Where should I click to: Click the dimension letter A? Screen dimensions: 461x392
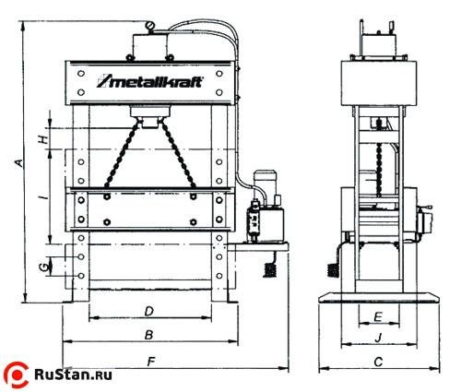tap(19, 163)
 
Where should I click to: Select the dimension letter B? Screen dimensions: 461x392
tap(149, 335)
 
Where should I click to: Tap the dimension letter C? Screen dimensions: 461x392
tap(378, 362)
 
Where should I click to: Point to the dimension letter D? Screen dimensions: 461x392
tap(149, 312)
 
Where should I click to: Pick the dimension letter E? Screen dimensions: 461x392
tap(378, 316)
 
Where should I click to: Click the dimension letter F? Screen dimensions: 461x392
tap(151, 362)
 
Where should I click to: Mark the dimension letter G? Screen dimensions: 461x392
tap(45, 267)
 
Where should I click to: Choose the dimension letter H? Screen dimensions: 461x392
tap(44, 139)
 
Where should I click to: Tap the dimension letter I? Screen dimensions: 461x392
tap(45, 194)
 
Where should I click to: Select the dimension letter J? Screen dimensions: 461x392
tap(378, 339)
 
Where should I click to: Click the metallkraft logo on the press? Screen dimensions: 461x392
tap(150, 82)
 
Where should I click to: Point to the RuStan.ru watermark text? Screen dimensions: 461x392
tap(73, 375)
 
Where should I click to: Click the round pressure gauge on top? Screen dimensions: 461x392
tap(150, 25)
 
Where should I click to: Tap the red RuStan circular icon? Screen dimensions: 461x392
tap(17, 375)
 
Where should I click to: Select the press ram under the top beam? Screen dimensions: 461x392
tap(149, 116)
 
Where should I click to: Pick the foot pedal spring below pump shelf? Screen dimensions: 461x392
tap(269, 269)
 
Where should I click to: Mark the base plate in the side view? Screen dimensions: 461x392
tap(379, 298)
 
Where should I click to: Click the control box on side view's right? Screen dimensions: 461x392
tap(424, 222)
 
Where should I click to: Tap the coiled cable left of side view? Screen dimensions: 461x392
tap(333, 270)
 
